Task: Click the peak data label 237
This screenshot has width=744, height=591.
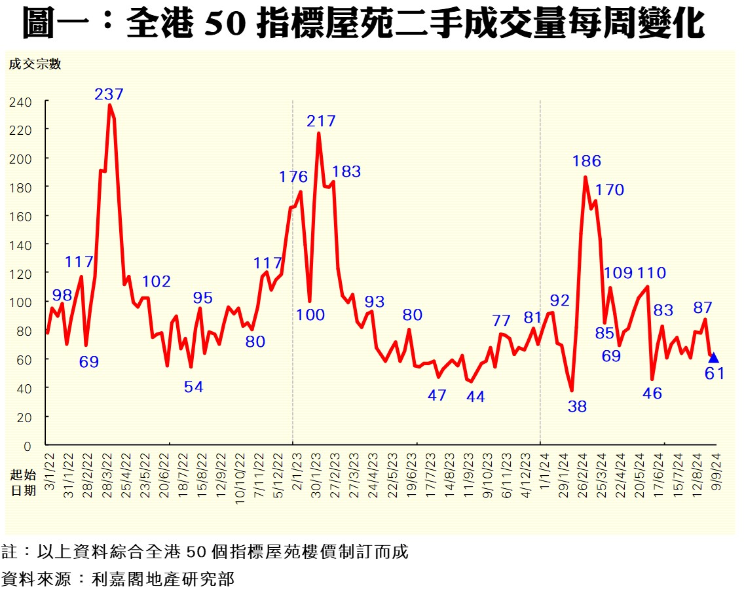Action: click(109, 94)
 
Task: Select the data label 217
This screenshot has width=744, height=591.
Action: click(321, 121)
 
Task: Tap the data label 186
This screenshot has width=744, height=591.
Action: click(586, 161)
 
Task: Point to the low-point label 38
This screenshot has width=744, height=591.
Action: click(577, 406)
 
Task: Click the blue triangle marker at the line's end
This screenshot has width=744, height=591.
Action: click(713, 357)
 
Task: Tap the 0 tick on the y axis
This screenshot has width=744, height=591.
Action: click(28, 446)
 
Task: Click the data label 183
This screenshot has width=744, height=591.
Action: click(346, 171)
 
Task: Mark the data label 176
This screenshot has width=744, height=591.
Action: click(293, 177)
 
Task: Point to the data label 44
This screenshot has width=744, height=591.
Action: click(475, 397)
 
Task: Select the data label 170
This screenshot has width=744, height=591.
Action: click(610, 190)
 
